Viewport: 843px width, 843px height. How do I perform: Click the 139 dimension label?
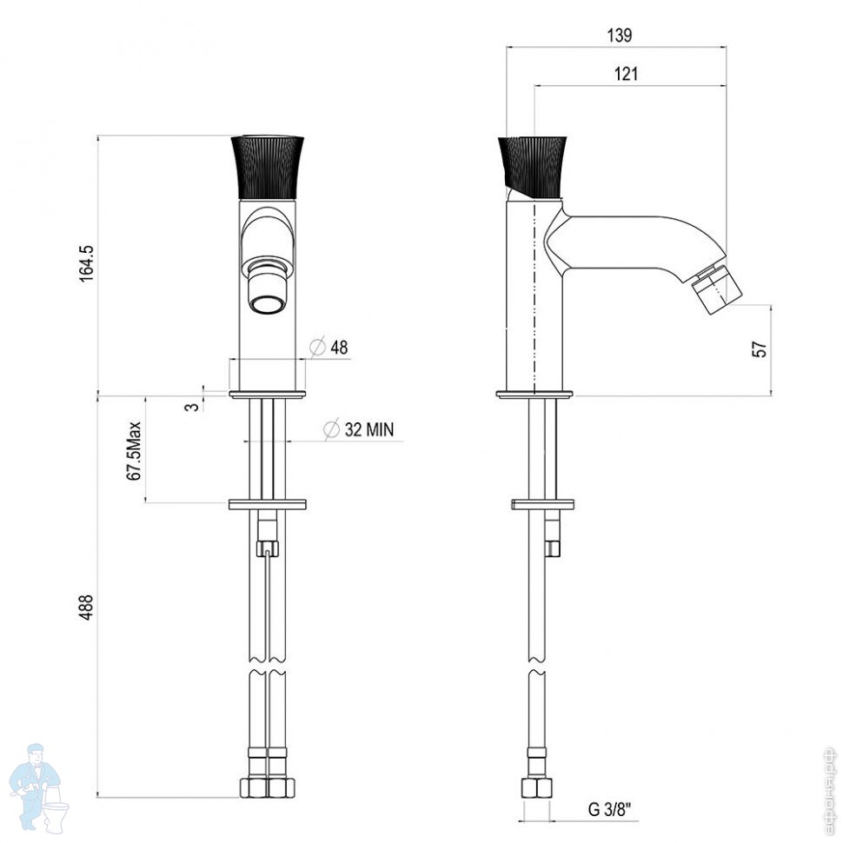tap(620, 36)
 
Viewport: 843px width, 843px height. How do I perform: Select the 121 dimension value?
tap(626, 73)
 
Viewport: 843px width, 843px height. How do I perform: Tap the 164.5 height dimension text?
tap(87, 263)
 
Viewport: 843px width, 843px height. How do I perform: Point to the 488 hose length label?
tap(87, 607)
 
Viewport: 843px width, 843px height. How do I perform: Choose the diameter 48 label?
tap(339, 348)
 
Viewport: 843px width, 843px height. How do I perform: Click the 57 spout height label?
tap(760, 349)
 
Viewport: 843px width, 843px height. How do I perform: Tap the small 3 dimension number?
tap(192, 407)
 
